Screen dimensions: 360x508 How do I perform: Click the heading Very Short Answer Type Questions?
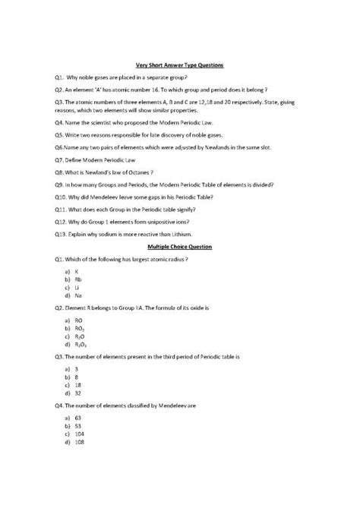(180, 66)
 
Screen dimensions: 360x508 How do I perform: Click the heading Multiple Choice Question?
(180, 248)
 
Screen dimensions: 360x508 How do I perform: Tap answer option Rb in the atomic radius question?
(77, 280)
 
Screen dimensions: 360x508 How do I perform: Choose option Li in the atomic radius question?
(77, 289)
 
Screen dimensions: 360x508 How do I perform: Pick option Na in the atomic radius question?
(77, 297)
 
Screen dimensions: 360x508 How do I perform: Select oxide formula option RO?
(78, 323)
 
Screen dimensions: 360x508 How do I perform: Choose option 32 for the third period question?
(77, 394)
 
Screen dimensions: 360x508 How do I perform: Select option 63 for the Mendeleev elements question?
(77, 418)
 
